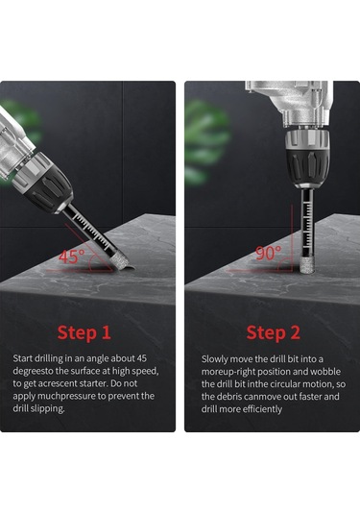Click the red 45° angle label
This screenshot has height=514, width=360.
pyautogui.click(x=71, y=257)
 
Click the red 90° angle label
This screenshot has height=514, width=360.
pyautogui.click(x=268, y=253)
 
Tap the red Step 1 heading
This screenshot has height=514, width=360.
pyautogui.click(x=84, y=332)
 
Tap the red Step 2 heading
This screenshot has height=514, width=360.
pyautogui.click(x=273, y=332)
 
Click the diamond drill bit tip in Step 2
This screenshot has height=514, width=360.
pyautogui.click(x=307, y=264)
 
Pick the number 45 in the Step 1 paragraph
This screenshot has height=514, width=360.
pyautogui.click(x=142, y=358)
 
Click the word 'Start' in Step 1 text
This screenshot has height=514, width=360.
pyautogui.click(x=23, y=358)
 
